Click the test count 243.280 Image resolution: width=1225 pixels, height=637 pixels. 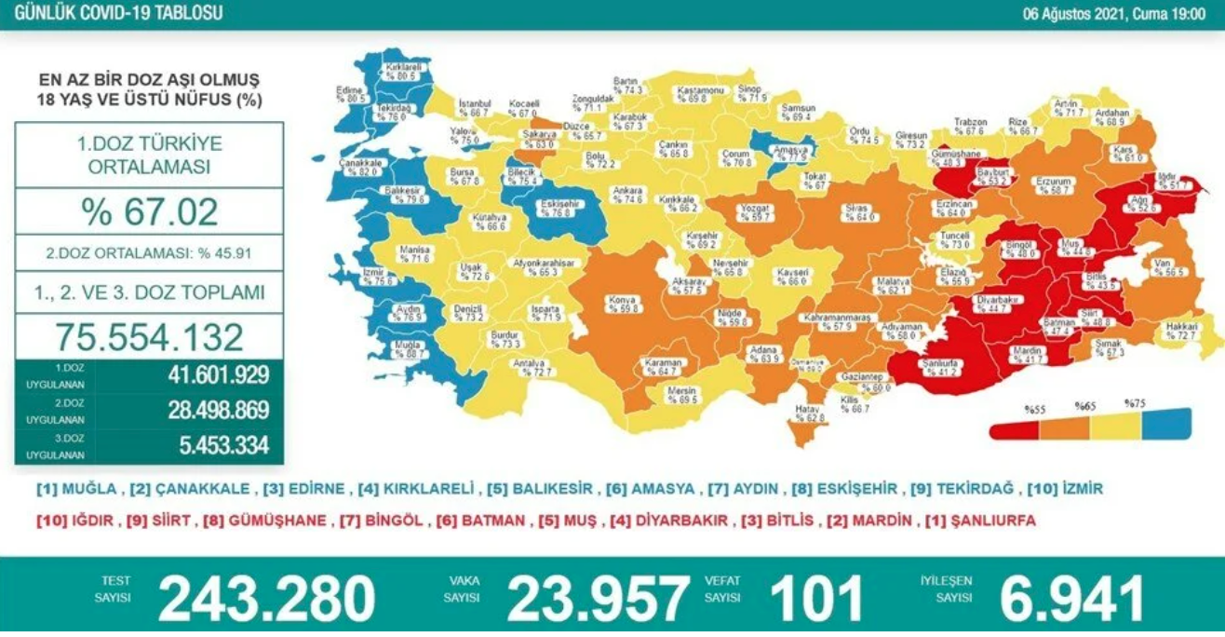(x=266, y=598)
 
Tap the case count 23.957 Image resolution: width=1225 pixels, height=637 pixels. (x=599, y=598)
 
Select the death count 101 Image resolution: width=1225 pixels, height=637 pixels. (x=815, y=598)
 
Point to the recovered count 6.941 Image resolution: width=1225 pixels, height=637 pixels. (x=1070, y=598)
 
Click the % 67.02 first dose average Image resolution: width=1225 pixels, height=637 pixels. (x=149, y=212)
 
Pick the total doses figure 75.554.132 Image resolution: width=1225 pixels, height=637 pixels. (x=149, y=336)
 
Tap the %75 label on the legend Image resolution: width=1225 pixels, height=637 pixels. (x=1134, y=404)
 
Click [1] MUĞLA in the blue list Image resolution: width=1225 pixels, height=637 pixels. (x=76, y=489)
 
